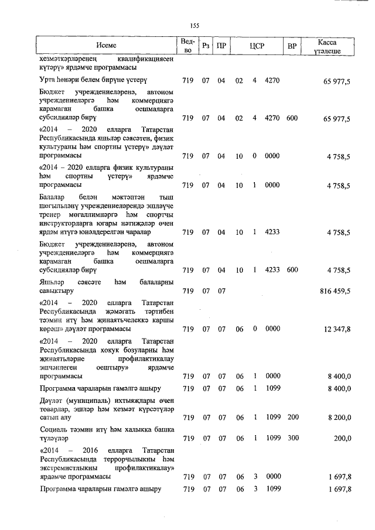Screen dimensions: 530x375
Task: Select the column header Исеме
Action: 107,45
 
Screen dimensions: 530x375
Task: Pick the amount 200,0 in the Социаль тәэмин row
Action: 342,438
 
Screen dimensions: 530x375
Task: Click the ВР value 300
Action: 292,438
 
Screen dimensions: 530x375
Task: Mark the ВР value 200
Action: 292,418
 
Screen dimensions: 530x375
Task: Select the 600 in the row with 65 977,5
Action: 292,118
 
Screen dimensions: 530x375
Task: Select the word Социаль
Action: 53,429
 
